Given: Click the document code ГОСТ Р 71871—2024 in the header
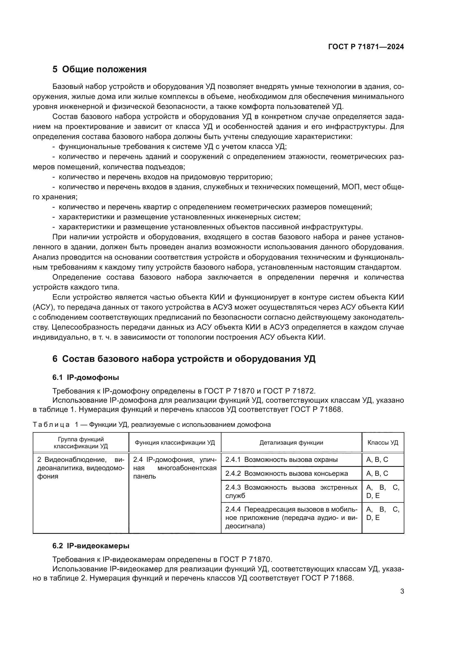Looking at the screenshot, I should point(366,47).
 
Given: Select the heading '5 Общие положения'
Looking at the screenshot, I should point(100,69).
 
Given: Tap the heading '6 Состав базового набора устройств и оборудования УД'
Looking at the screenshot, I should point(184,359).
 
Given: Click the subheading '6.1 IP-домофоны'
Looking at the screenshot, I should point(86,377).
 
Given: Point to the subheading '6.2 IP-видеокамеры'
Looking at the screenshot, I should point(91,546).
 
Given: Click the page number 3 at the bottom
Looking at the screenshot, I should point(402,591).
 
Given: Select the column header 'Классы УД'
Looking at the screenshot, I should point(383,442).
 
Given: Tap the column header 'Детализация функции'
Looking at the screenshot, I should point(291,442).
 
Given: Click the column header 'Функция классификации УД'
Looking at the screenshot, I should point(175,442).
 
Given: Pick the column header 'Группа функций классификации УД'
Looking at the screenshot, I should point(81,442).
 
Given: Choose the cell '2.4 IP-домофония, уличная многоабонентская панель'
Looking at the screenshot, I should point(175,468).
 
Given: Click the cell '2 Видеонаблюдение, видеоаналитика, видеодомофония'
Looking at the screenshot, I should point(81,468).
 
